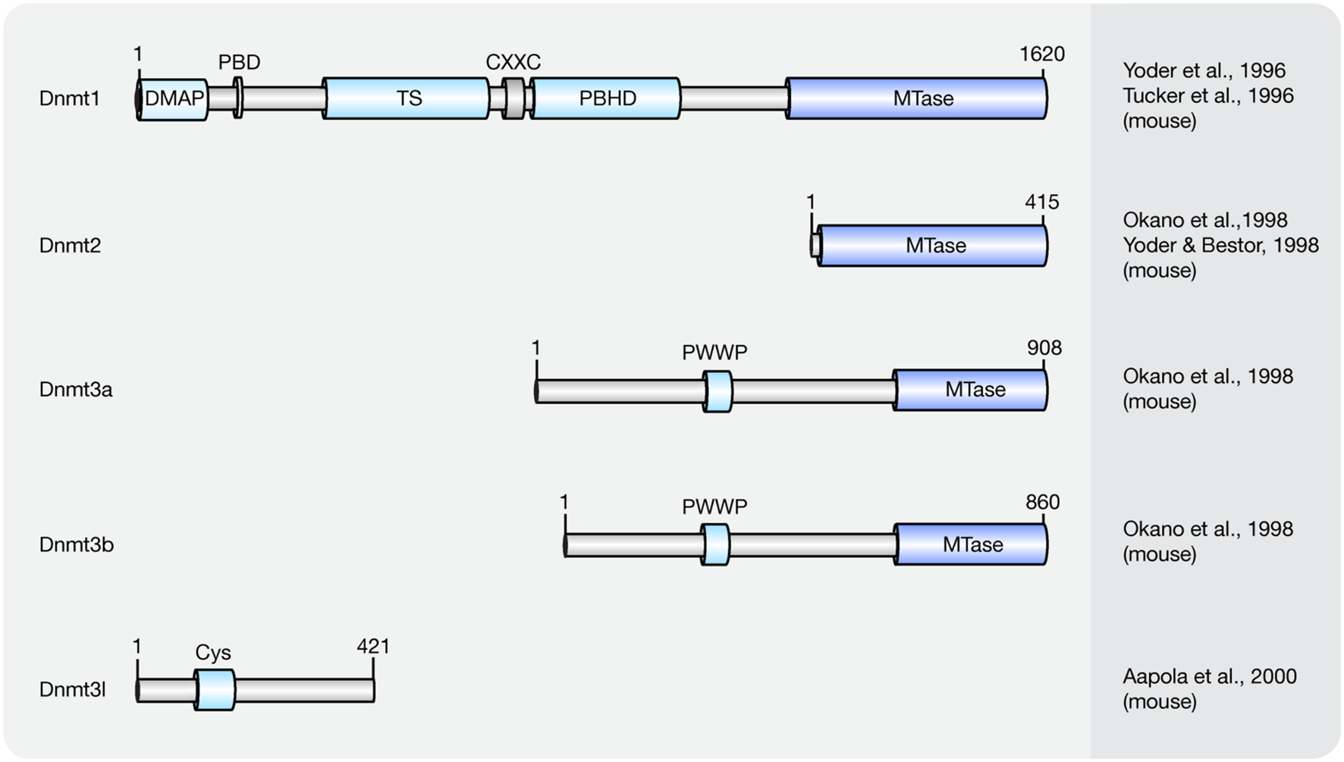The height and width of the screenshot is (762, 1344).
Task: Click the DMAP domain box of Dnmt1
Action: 173,99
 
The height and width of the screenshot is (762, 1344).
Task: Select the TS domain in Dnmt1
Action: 407,99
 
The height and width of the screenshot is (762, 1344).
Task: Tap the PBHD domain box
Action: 606,99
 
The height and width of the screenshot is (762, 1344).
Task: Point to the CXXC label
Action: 513,62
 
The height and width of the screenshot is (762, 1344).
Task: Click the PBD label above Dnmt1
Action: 239,62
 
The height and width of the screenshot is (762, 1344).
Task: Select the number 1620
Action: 1041,55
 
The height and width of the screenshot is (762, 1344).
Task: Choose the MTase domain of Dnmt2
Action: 934,246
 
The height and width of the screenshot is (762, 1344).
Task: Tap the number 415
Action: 1041,202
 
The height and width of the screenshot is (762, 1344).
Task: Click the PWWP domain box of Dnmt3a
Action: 718,391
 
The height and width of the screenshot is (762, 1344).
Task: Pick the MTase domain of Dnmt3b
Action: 972,544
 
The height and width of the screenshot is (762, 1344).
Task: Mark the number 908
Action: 1044,348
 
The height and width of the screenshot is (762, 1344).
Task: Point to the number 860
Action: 1042,502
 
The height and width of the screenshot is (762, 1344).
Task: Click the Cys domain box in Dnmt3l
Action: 215,690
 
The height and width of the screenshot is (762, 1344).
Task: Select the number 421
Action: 373,647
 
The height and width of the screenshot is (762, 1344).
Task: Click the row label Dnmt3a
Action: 76,390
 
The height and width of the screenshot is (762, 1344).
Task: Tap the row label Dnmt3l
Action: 72,690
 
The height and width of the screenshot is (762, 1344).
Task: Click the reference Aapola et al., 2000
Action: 1209,676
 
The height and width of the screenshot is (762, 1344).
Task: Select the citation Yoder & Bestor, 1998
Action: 1220,246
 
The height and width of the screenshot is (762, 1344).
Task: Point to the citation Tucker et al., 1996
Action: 1207,96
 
